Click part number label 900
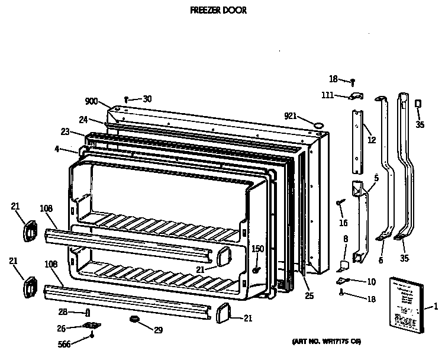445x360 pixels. point(91,101)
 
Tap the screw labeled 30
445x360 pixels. point(127,99)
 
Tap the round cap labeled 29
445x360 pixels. point(136,320)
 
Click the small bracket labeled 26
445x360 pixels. point(90,325)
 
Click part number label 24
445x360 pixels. point(84,120)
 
